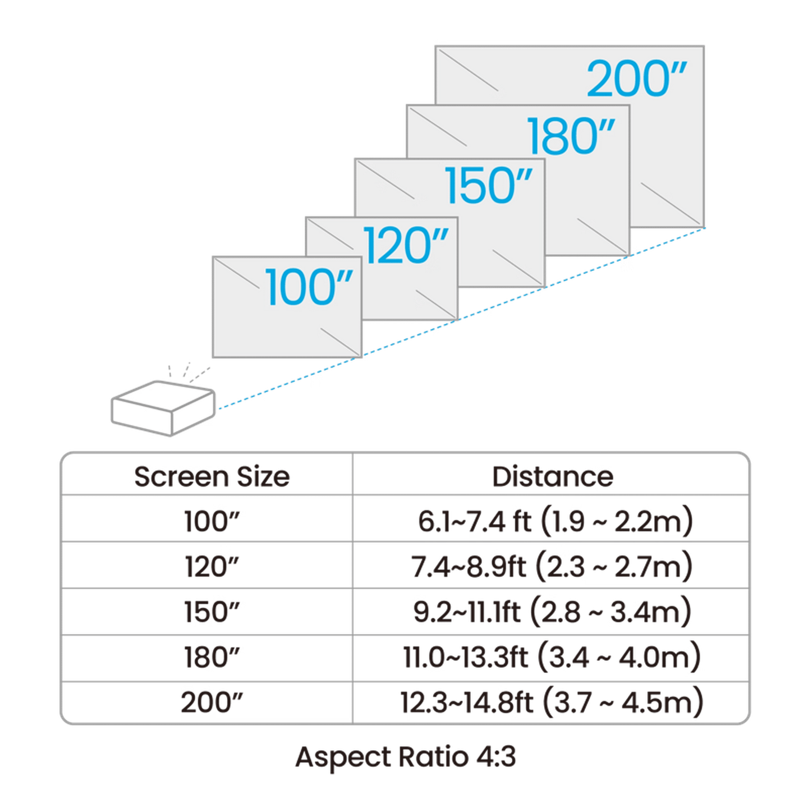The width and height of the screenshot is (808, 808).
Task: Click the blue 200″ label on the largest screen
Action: pos(636,79)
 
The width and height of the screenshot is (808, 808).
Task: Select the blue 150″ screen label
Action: pos(488,185)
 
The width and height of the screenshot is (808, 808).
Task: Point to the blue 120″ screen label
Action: pos(406,245)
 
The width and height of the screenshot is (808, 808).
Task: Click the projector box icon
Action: pos(163,408)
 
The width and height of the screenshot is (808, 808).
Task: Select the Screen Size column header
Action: pos(212,477)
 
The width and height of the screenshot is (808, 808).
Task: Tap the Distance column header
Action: pos(552,476)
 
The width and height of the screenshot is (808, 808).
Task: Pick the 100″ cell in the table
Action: pos(212,522)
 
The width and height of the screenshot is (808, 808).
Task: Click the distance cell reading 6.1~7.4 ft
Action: pos(555,522)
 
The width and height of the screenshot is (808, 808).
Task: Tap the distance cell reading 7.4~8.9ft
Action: pos(552,567)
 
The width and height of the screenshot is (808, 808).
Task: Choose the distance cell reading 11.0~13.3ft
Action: pos(552,658)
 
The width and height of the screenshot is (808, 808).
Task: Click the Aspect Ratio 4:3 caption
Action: pos(406,757)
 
